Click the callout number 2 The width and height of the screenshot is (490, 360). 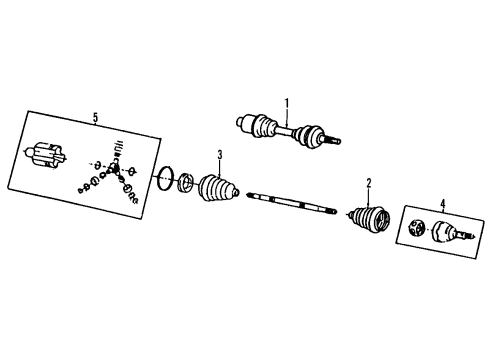coord(368,182)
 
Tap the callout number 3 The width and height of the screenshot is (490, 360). coord(219,153)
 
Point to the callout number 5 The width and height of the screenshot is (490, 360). coord(95,119)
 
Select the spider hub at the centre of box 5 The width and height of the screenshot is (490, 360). coord(117,171)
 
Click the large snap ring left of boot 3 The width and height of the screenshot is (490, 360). coord(164,181)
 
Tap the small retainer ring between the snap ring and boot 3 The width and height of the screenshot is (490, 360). coord(186,186)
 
